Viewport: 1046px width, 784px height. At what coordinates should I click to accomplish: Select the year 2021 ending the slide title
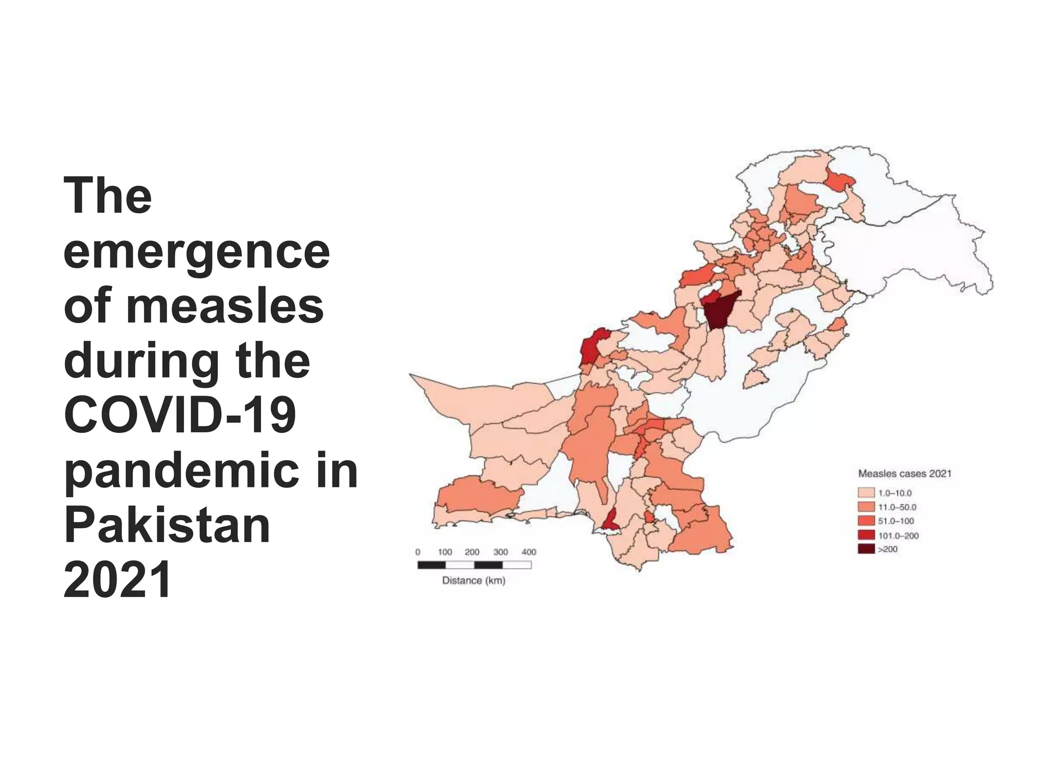click(x=117, y=580)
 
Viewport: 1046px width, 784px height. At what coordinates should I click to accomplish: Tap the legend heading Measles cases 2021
click(x=905, y=474)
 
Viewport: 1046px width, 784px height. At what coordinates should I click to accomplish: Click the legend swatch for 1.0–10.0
click(x=866, y=493)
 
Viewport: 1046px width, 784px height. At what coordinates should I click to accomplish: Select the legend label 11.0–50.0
click(x=897, y=507)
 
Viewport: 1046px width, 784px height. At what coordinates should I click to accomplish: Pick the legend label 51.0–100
click(x=896, y=521)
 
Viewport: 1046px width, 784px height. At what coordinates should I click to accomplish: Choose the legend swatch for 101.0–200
click(x=866, y=535)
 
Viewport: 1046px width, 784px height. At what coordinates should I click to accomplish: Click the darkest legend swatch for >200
click(x=866, y=549)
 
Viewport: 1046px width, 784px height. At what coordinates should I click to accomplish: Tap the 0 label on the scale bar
click(x=418, y=552)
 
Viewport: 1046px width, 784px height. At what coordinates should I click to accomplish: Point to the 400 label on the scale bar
click(x=529, y=552)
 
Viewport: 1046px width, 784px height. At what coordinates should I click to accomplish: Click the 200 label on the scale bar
click(x=472, y=552)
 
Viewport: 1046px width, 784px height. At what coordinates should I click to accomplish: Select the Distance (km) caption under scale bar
click(x=473, y=580)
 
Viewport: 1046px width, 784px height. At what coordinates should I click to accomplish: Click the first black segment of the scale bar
click(x=432, y=565)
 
